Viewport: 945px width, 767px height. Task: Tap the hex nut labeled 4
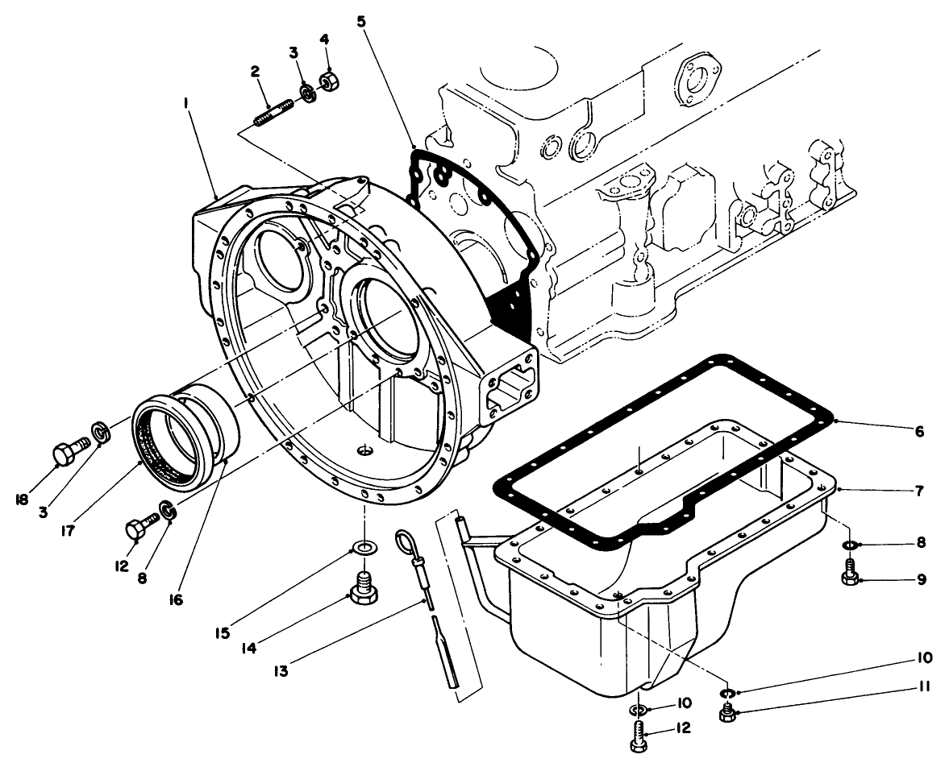click(x=328, y=82)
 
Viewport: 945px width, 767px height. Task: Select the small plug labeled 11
click(x=727, y=713)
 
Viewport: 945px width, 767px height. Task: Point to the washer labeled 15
click(x=364, y=549)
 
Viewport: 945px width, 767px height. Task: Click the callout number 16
click(x=177, y=600)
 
